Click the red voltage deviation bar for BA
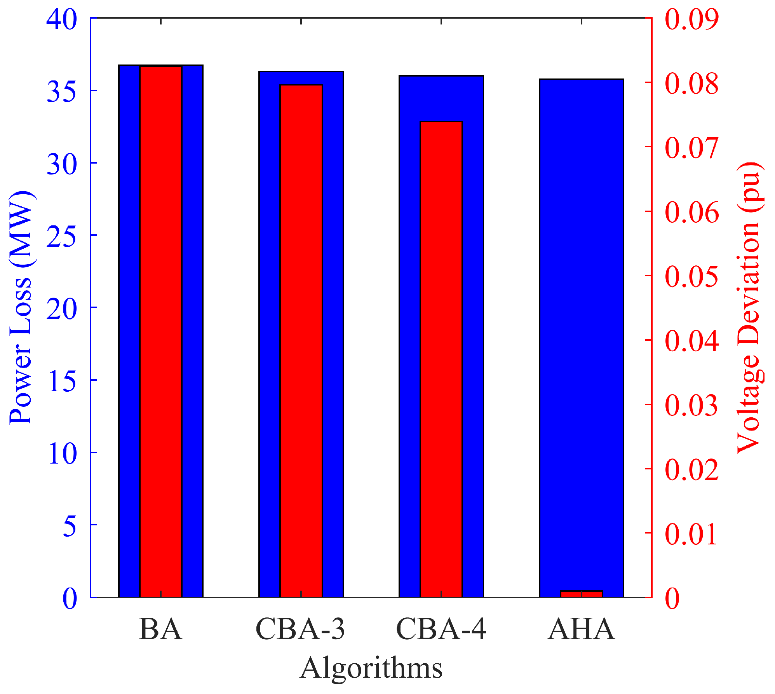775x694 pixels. click(x=160, y=330)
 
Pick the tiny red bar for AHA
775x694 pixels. click(x=582, y=593)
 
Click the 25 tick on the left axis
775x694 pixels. click(x=61, y=236)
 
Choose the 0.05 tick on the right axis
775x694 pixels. click(x=691, y=276)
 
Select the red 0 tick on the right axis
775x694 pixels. click(x=672, y=598)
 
